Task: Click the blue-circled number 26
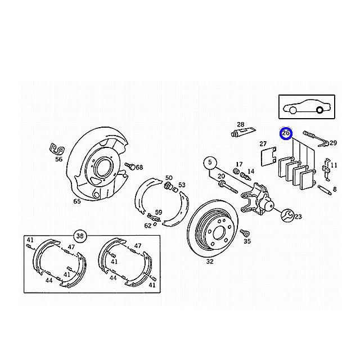[286, 133]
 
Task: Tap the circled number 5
[210, 163]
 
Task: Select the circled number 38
[80, 236]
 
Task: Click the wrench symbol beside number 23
[287, 216]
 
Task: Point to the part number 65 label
[77, 201]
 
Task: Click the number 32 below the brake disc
[210, 262]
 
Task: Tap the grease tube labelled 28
[243, 132]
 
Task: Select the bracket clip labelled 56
[57, 149]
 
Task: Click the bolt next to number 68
[130, 166]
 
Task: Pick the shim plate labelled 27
[269, 156]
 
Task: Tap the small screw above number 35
[245, 233]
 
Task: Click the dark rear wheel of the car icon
[319, 110]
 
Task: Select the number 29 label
[333, 143]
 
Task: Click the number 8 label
[335, 189]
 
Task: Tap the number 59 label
[159, 213]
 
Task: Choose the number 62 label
[147, 226]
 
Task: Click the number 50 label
[169, 178]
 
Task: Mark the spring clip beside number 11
[326, 169]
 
